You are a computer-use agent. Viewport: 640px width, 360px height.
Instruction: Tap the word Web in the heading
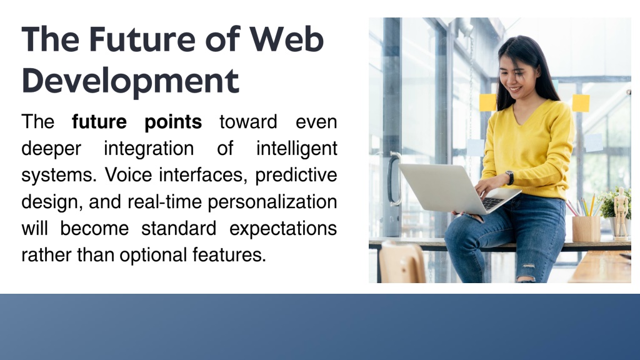(x=286, y=39)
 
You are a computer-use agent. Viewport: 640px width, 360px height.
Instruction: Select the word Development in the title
(x=130, y=81)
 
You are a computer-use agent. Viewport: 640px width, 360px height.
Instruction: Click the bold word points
(x=173, y=122)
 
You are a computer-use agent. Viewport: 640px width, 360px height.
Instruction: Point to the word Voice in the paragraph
(x=128, y=175)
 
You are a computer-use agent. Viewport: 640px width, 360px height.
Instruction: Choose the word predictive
(x=296, y=176)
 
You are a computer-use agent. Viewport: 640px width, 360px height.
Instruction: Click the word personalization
(x=272, y=202)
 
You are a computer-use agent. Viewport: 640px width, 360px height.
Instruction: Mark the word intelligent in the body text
(x=296, y=149)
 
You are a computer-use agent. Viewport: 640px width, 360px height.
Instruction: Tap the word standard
(x=179, y=228)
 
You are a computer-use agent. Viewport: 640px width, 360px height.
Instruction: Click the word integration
(x=149, y=149)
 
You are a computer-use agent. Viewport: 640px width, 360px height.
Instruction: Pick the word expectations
(x=283, y=229)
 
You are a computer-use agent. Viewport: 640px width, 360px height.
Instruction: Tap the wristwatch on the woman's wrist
(x=510, y=177)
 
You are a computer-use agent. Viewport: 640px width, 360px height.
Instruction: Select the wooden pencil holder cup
(x=586, y=229)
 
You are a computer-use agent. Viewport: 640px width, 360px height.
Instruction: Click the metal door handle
(x=392, y=179)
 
